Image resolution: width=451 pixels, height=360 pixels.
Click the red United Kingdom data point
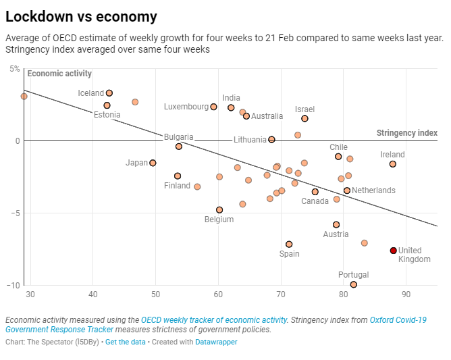394,251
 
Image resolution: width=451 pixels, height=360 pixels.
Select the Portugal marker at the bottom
354,284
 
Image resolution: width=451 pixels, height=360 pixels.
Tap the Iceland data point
109,93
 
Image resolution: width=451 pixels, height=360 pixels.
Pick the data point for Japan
153,163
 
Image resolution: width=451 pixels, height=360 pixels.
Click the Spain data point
289,245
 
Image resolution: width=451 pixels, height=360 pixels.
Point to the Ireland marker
393,164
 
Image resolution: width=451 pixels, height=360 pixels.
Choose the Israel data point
304,118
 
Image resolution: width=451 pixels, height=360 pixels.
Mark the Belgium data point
219,210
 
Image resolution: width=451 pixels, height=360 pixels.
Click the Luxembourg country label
186,107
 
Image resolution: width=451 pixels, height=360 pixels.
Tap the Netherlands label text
373,190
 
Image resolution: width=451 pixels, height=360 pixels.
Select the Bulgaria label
178,137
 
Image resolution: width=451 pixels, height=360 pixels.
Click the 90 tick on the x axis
406,294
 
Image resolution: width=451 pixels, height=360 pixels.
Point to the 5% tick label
15,69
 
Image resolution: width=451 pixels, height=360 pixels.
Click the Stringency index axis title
406,133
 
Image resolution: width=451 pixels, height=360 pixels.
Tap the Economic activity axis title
59,74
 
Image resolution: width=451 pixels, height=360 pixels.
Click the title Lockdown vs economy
81,17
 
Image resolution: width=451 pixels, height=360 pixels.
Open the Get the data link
125,342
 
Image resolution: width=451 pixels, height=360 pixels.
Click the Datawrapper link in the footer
217,342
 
